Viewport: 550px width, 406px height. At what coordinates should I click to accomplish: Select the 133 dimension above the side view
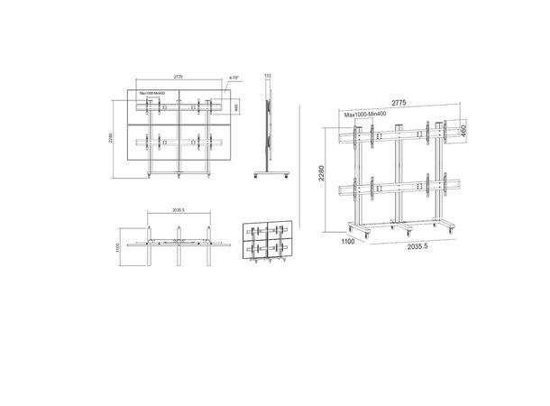pyautogui.click(x=267, y=75)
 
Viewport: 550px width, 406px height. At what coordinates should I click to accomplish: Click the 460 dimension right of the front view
pyautogui.click(x=236, y=107)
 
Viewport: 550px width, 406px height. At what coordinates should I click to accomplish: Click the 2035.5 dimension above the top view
pyautogui.click(x=178, y=210)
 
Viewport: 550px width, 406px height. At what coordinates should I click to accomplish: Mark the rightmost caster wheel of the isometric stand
pyautogui.click(x=449, y=230)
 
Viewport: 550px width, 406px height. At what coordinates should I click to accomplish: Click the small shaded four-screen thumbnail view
pyautogui.click(x=268, y=244)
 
